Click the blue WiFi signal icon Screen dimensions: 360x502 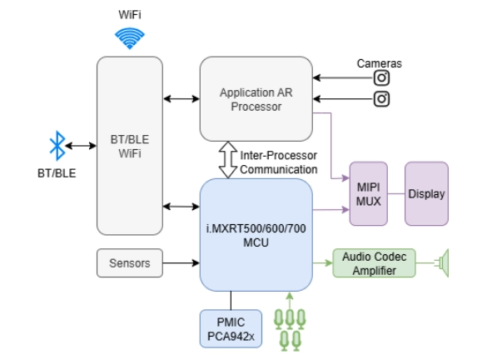point(129,38)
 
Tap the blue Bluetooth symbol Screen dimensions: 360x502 point(57,147)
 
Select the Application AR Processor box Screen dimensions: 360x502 point(256,98)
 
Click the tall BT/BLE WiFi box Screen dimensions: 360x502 point(129,146)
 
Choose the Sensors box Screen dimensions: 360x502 point(129,263)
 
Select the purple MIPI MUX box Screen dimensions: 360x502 point(368,193)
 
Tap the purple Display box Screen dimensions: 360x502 point(425,193)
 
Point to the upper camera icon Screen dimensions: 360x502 point(382,78)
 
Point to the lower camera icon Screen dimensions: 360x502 point(382,99)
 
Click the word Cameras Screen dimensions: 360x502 point(380,62)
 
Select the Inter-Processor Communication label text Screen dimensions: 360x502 point(279,162)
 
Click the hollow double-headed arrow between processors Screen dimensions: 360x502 point(227,159)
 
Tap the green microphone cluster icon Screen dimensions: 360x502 point(290,327)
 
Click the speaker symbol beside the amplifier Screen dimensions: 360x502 point(442,263)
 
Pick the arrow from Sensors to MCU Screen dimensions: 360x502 point(181,263)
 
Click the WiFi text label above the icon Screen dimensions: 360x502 point(129,14)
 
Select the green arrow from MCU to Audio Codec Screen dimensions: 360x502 point(322,263)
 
